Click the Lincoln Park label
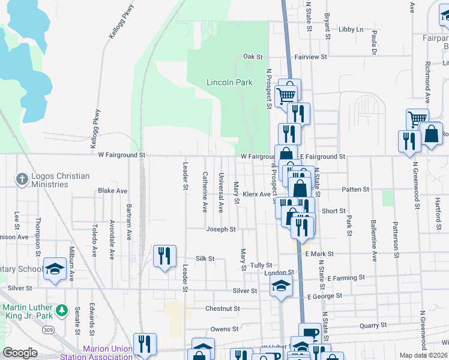click(x=229, y=82)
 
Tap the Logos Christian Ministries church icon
click(x=22, y=178)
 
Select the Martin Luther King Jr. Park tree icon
click(x=61, y=310)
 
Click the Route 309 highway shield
click(x=47, y=331)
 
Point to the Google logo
click(x=20, y=353)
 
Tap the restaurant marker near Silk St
click(x=164, y=256)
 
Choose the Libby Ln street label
click(x=351, y=29)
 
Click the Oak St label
click(x=253, y=56)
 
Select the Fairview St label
click(x=310, y=56)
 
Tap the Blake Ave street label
click(x=113, y=191)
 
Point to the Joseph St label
click(x=221, y=229)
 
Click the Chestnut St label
click(x=222, y=309)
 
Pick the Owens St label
click(x=224, y=329)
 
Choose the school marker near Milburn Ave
click(x=55, y=269)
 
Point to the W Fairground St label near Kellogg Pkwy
click(x=122, y=155)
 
